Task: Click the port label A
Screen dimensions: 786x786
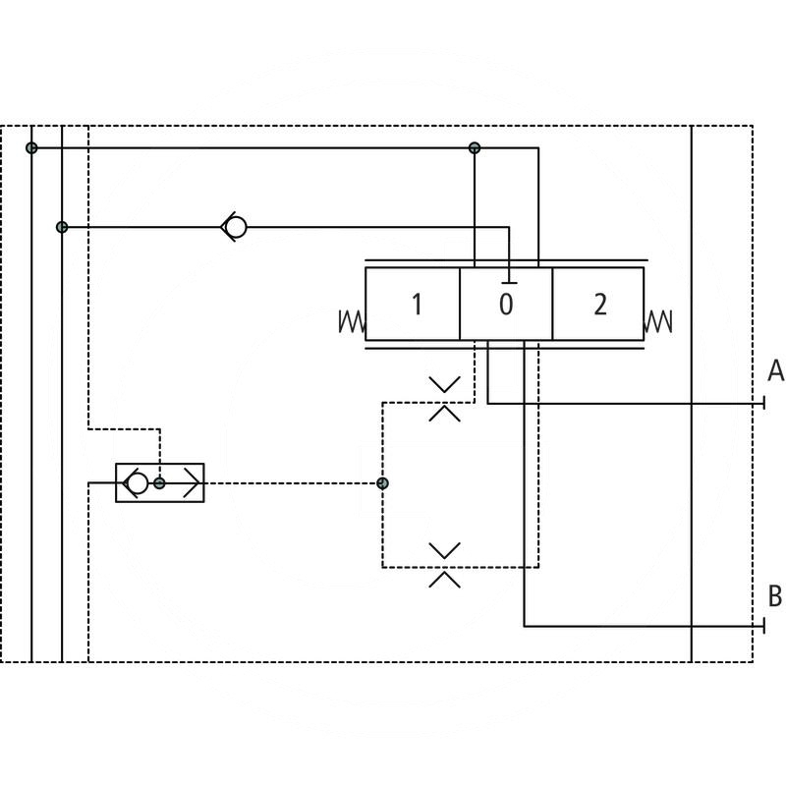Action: click(775, 371)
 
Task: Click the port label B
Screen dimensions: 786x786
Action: click(775, 595)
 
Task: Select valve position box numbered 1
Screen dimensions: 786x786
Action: click(413, 305)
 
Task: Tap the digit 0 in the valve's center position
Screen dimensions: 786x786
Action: click(506, 305)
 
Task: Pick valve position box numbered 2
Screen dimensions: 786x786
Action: click(599, 305)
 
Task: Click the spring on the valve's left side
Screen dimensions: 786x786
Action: click(352, 320)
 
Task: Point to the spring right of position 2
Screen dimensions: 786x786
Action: click(658, 320)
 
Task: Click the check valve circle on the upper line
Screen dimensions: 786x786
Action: click(236, 227)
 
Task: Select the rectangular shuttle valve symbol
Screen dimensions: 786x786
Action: click(160, 482)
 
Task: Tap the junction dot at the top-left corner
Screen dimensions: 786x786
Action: click(31, 147)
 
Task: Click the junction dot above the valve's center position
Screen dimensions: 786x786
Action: click(475, 147)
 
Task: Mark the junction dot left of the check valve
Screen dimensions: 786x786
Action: click(62, 227)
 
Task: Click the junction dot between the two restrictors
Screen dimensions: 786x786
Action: click(383, 482)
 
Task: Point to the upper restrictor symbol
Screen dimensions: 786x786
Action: click(445, 398)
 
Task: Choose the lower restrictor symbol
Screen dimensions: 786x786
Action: click(445, 564)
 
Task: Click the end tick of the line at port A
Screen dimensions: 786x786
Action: click(763, 403)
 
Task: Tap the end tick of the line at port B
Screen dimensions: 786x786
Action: click(763, 625)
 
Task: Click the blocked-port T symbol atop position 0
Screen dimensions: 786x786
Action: click(509, 255)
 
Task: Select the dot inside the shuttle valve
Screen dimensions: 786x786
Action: click(159, 482)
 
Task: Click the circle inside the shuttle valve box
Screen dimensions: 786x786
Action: click(138, 482)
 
